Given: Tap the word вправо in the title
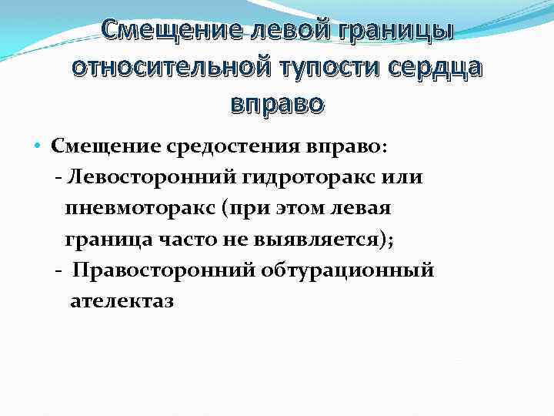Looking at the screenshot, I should [x=277, y=102].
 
